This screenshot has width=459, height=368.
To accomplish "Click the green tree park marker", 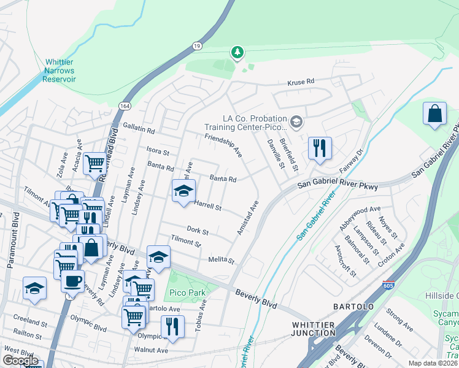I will point(237,53).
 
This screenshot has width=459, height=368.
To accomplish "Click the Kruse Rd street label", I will point(301,81).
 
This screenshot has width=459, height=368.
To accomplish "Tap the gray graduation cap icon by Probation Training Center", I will point(297,122).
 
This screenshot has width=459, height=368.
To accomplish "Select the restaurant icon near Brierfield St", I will point(320,148).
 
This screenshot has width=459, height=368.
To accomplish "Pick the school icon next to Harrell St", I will point(183,191).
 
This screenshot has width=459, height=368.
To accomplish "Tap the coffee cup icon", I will point(72,282).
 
